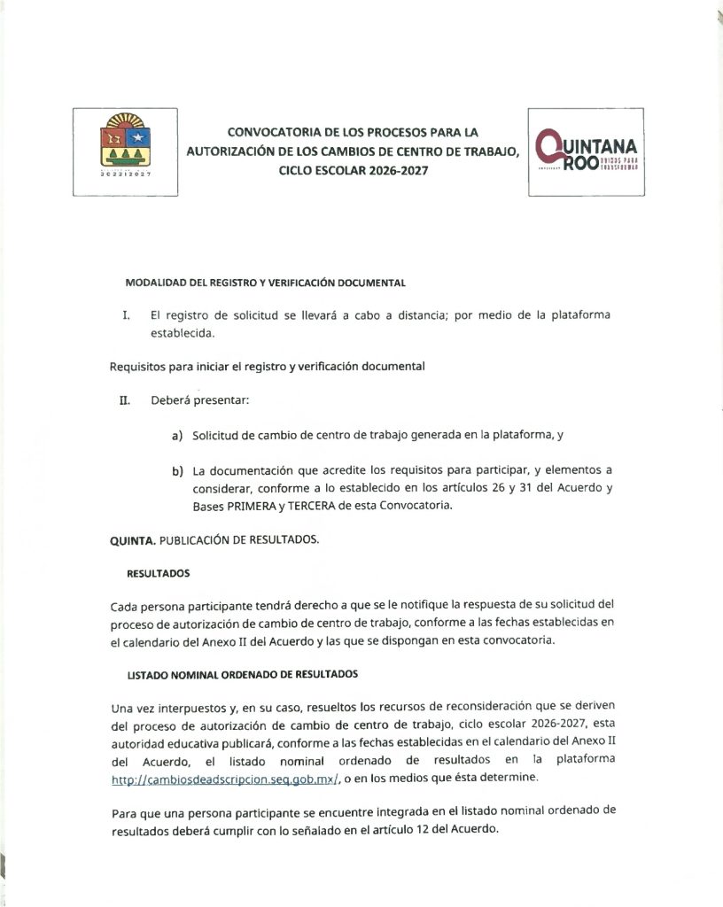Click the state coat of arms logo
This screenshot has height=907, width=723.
(125, 151)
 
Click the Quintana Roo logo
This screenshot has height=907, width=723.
(586, 152)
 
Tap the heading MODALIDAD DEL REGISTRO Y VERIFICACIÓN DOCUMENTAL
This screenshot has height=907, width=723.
(265, 283)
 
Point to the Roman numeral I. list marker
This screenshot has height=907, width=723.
(127, 315)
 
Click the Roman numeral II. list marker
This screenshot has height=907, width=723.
(125, 399)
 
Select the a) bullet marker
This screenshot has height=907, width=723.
(177, 435)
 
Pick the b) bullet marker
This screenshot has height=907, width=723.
(177, 470)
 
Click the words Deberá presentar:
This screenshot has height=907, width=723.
(200, 399)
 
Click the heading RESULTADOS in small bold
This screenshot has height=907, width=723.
(158, 573)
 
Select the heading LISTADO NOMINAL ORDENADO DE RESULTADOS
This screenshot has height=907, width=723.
(242, 674)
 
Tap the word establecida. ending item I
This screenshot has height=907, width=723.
(183, 334)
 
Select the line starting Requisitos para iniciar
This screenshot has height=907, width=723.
(267, 367)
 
